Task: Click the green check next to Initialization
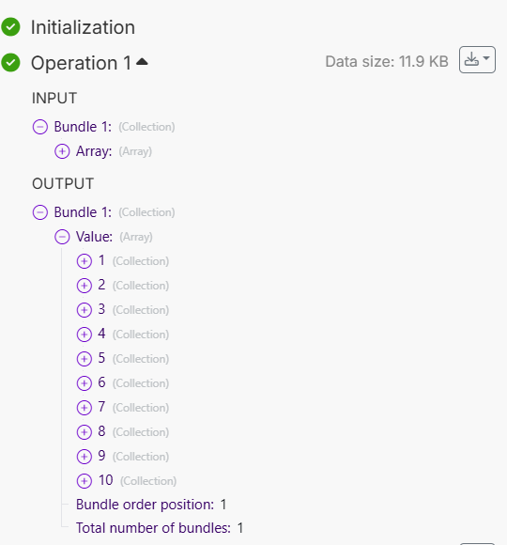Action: pyautogui.click(x=10, y=26)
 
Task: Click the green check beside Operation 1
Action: pyautogui.click(x=10, y=63)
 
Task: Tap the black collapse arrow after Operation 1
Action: pyautogui.click(x=142, y=62)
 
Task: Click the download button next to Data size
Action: pyautogui.click(x=477, y=60)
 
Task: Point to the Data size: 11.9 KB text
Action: pyautogui.click(x=387, y=61)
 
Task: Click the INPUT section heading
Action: pyautogui.click(x=54, y=98)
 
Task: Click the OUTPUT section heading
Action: pyautogui.click(x=63, y=183)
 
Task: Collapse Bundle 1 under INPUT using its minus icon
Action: pyautogui.click(x=40, y=127)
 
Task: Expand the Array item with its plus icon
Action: pyautogui.click(x=62, y=151)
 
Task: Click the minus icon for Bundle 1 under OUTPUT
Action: pyautogui.click(x=40, y=212)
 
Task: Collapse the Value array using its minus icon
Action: pyautogui.click(x=62, y=237)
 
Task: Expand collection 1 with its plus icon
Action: pyautogui.click(x=84, y=261)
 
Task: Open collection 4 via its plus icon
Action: pyautogui.click(x=84, y=335)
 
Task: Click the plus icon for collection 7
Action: pyautogui.click(x=84, y=408)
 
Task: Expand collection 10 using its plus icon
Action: pyautogui.click(x=84, y=481)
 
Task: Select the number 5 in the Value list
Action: pyautogui.click(x=101, y=358)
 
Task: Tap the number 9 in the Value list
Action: pyautogui.click(x=101, y=456)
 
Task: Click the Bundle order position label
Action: pyautogui.click(x=145, y=505)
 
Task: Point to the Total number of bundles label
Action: pyautogui.click(x=153, y=528)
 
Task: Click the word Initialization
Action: pyautogui.click(x=83, y=27)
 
